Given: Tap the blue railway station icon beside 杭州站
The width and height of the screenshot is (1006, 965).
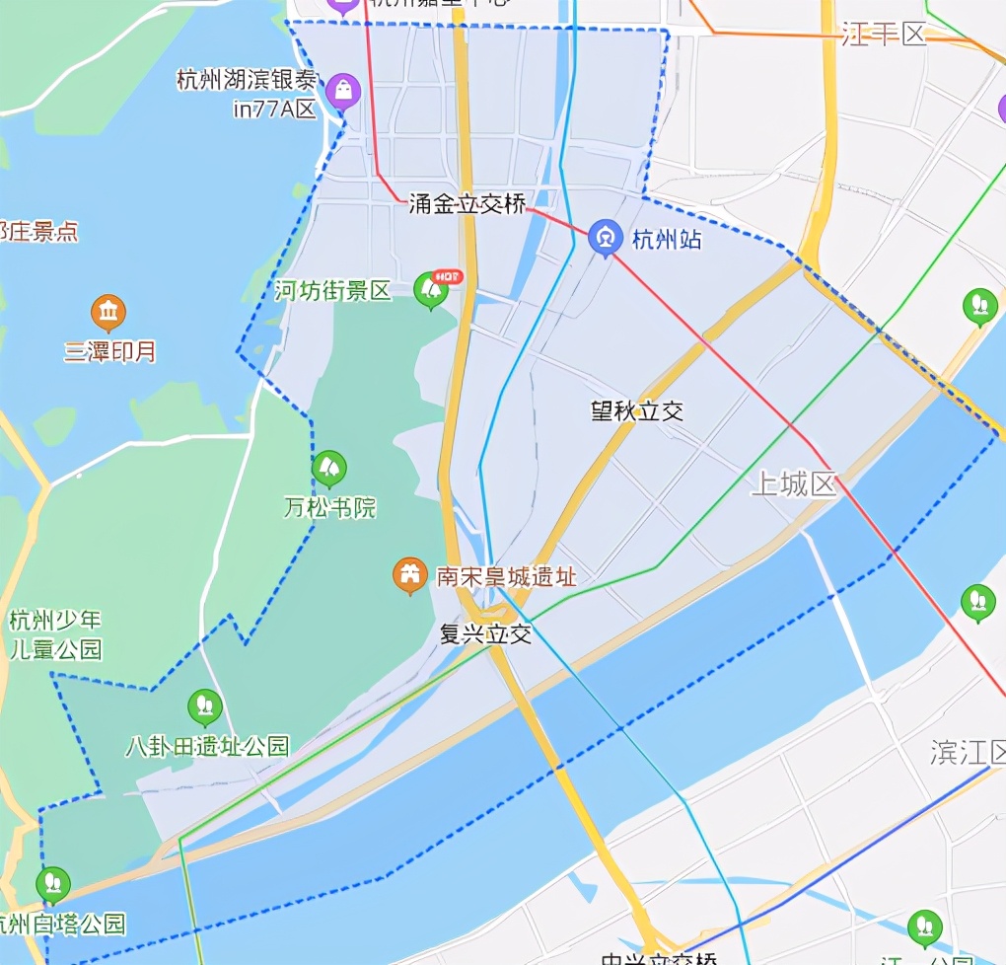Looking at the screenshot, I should (604, 238).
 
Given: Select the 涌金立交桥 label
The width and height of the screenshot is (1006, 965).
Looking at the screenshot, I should (467, 204).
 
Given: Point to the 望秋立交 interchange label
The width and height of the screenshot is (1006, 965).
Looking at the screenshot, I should (637, 410).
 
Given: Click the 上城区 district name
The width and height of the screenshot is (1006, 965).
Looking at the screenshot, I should (793, 484).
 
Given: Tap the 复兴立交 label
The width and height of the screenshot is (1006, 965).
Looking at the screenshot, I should (485, 633).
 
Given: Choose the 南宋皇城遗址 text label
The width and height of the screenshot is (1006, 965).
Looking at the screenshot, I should (506, 576).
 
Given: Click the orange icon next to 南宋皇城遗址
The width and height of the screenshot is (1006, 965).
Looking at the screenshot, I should (409, 575).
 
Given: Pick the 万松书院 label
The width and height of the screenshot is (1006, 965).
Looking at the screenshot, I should (329, 508).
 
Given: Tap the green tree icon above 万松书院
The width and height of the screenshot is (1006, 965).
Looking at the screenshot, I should (329, 468).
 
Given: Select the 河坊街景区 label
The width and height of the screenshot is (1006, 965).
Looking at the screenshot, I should (332, 291).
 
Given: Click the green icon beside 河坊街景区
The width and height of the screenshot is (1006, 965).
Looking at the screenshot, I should (430, 289).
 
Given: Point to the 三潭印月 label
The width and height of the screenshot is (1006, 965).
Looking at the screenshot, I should (110, 351).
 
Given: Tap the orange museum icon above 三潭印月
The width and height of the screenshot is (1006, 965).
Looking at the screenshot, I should (108, 313).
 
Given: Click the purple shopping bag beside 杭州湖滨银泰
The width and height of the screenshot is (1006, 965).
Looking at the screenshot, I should (343, 91).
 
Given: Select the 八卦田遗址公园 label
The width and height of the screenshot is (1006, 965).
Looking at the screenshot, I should (207, 746).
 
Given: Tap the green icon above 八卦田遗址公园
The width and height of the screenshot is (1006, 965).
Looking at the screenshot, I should (204, 705).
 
